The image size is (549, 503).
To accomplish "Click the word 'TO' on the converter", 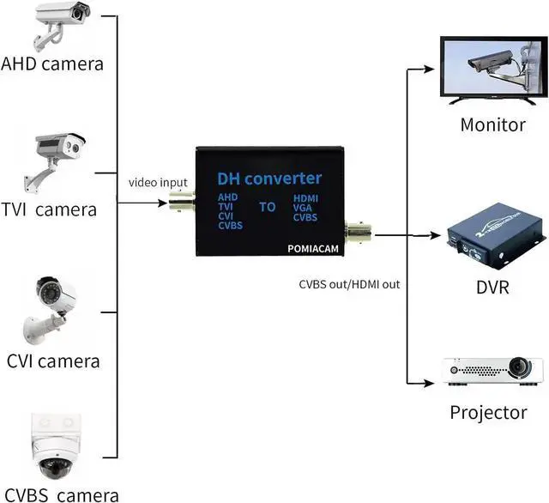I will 268,207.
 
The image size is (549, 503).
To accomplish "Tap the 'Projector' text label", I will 488,413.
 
